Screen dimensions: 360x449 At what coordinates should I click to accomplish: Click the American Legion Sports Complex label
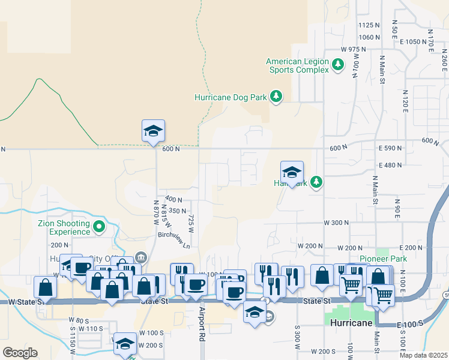coord(297,65)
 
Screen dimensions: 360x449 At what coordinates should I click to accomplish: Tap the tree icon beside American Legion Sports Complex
coord(338,65)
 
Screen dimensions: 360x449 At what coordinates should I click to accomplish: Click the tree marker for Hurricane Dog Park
coord(276,97)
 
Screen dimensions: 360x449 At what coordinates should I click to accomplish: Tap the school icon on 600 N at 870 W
coord(153,131)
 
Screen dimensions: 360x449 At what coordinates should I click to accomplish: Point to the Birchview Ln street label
coord(173,241)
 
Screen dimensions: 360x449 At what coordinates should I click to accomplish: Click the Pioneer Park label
coord(383,259)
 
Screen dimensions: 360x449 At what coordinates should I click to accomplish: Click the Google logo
coord(20,353)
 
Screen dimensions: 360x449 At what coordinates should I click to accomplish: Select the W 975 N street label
coord(353,49)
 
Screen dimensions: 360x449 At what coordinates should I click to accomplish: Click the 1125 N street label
coord(369,25)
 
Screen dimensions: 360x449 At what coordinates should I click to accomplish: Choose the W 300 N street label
coord(336,223)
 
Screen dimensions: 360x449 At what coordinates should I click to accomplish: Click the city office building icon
coord(140,257)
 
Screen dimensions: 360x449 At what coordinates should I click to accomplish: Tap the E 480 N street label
coord(390,165)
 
